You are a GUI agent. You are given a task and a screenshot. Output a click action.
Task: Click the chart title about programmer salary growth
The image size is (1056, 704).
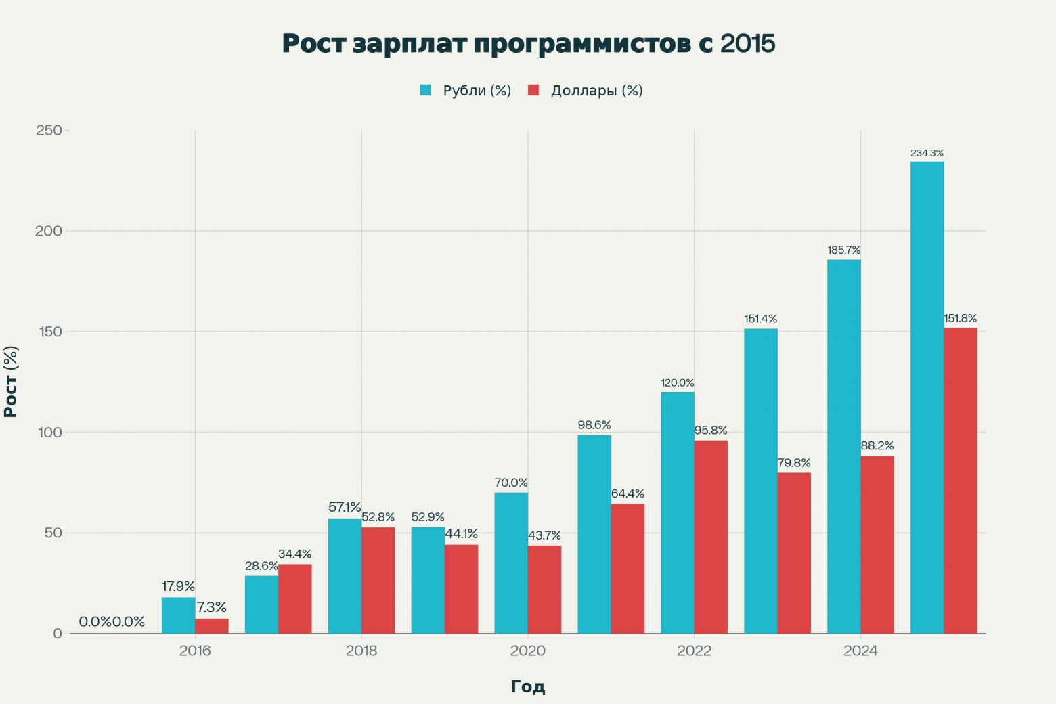(x=528, y=43)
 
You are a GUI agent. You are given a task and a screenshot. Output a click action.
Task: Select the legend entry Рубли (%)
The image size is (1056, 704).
(x=465, y=91)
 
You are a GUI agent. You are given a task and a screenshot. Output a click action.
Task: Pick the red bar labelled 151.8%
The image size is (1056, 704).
(x=960, y=481)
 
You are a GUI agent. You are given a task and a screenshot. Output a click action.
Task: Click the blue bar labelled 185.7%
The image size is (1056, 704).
(x=843, y=447)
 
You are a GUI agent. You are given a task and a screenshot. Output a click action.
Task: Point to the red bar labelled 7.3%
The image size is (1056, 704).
(x=212, y=626)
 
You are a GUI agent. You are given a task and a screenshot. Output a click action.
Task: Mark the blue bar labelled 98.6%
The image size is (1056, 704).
(x=594, y=534)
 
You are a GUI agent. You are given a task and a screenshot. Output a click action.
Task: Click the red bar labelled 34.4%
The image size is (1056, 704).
(x=295, y=599)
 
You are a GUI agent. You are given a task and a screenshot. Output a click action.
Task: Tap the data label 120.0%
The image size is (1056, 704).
(x=678, y=383)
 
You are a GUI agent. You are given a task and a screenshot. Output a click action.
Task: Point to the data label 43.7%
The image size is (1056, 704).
(x=544, y=536)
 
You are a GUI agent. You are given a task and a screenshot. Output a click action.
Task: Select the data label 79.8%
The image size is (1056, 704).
(x=794, y=463)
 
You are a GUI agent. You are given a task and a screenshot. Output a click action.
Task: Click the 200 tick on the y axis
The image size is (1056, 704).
(x=49, y=231)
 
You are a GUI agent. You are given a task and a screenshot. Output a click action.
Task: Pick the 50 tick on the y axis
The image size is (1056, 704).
(x=53, y=533)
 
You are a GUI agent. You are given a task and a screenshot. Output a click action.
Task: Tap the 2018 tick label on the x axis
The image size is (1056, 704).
(x=361, y=651)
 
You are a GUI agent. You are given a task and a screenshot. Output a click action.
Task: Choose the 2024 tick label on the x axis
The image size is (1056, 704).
(x=860, y=651)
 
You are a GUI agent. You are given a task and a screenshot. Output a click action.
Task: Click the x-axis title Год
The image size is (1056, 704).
(x=528, y=687)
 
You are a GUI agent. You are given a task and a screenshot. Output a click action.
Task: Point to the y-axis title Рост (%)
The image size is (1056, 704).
(x=12, y=382)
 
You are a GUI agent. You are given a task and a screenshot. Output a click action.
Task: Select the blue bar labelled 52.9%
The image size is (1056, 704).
(x=428, y=580)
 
